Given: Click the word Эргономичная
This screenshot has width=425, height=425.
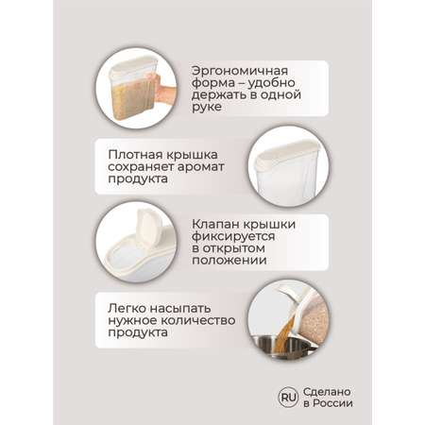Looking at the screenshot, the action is [240, 71].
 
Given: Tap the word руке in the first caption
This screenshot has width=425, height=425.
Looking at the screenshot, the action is [207, 107].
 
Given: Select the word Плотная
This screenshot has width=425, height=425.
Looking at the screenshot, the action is [135, 155].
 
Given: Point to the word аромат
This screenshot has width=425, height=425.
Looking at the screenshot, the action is [201, 167].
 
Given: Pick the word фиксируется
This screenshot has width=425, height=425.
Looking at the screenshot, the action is [233, 237].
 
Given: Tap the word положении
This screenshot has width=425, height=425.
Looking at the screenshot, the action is [229, 261].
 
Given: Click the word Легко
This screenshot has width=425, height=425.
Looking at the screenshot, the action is [127, 309].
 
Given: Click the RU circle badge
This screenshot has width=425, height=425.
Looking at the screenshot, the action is [288, 398].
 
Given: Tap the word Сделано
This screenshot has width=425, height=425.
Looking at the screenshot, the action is [327, 392].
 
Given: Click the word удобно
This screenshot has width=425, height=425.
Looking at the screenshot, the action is [271, 83].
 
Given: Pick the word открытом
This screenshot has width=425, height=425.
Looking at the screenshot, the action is [233, 248].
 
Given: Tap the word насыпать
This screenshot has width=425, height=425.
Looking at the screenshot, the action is [180, 309].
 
